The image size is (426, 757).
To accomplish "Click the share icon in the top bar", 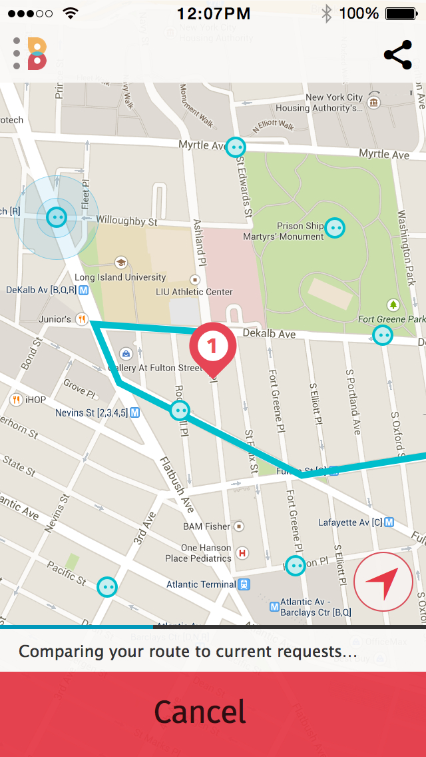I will (397, 55).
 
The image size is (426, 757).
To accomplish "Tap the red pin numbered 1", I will (212, 347).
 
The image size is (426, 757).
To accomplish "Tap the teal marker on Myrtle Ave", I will (236, 147).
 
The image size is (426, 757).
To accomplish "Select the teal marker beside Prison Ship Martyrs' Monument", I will (335, 228).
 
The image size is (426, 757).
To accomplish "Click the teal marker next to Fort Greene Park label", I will (383, 335).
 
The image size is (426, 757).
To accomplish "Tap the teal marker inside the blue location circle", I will (57, 217).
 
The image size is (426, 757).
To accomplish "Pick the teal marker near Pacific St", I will (107, 586).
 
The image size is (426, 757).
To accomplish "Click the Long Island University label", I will (120, 277).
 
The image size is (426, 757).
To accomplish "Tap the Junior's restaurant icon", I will (82, 319).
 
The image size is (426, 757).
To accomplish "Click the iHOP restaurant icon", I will (16, 400).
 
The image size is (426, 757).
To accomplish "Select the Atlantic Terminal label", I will (201, 584).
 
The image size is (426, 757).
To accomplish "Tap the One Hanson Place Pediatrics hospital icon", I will (243, 552).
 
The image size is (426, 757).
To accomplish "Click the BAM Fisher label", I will (206, 526).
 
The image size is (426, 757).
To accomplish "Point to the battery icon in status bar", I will (401, 13).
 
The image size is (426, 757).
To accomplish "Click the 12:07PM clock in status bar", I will (214, 13).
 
